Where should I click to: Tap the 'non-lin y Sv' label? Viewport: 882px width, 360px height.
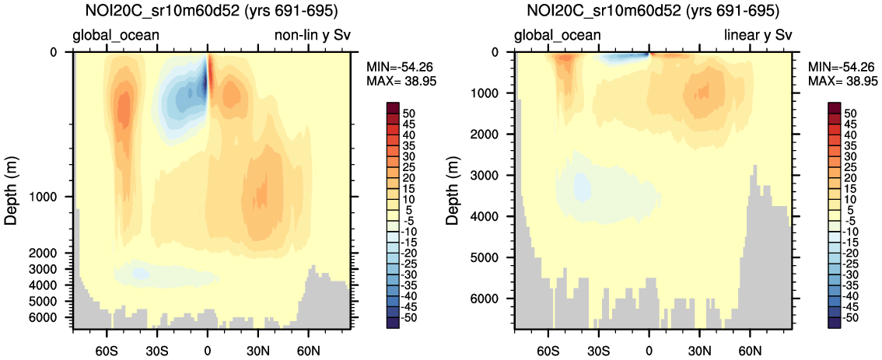coord(313,35)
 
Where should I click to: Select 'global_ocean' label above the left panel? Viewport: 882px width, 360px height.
coord(116,35)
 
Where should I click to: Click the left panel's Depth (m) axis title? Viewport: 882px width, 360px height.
coord(12,188)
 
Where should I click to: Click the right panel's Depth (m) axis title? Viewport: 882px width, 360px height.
coord(453,188)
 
